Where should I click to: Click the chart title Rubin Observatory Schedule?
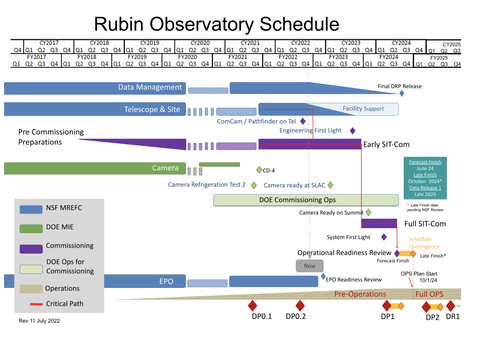[x=217, y=24]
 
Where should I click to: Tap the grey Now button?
[x=310, y=266]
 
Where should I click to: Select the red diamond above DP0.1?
[x=252, y=306]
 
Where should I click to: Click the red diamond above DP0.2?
[x=300, y=306]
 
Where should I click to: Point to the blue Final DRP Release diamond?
[x=402, y=93]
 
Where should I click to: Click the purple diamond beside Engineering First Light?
[x=353, y=131]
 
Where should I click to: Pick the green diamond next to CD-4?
[x=259, y=170]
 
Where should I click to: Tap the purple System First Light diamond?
[x=384, y=237]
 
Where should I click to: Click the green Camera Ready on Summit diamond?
[x=368, y=212]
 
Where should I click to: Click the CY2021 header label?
[x=250, y=43]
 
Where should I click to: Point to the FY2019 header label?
[x=137, y=57]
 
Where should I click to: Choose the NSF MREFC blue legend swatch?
[x=31, y=209]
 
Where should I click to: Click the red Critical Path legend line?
[x=36, y=304]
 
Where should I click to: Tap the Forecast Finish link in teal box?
[x=425, y=162]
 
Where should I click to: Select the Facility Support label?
[x=363, y=109]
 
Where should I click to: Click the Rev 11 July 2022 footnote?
[x=39, y=321]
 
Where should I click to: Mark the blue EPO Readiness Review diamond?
[x=323, y=276]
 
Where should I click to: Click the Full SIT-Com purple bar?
[x=379, y=223]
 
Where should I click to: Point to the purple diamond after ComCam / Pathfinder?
[x=303, y=121]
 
